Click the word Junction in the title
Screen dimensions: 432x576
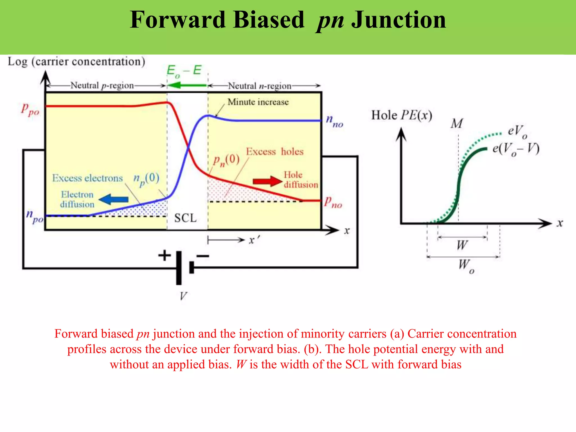(399, 20)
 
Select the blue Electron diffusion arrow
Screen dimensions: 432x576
(114, 199)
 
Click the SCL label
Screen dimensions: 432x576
(185, 218)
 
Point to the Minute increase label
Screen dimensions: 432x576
(258, 102)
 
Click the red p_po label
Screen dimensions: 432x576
(30, 109)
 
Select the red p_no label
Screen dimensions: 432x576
(332, 202)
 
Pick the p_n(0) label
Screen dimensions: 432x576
(226, 160)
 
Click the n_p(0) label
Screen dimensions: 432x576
(146, 179)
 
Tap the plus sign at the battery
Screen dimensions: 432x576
(165, 255)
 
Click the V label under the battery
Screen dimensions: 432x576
(183, 296)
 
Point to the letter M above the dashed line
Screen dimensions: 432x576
(456, 123)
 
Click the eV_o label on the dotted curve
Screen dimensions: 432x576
(517, 132)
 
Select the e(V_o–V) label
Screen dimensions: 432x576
(516, 149)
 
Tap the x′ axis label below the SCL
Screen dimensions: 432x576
(254, 240)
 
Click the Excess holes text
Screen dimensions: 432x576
(274, 152)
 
